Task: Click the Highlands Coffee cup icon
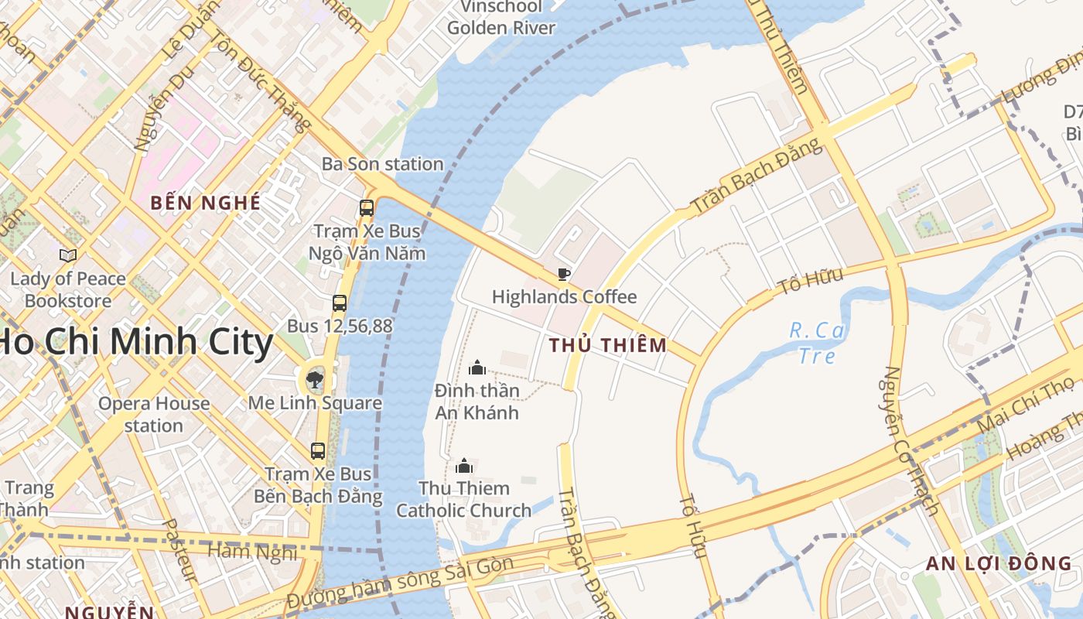(564, 274)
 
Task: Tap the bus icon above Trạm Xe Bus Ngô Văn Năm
(367, 207)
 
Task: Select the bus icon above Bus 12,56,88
(339, 303)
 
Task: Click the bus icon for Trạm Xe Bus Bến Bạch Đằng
(317, 450)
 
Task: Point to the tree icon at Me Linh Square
(314, 380)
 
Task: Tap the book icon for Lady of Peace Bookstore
(68, 255)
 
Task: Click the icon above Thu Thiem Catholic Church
(464, 465)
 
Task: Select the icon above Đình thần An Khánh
(477, 367)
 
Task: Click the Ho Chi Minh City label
(135, 342)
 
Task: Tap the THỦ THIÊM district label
(607, 346)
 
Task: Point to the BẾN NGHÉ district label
(206, 203)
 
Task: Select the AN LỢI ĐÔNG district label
(999, 563)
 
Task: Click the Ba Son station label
(382, 164)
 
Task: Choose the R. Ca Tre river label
(817, 343)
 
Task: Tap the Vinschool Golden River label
(501, 17)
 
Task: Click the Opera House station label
(154, 414)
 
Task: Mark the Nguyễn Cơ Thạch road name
(910, 441)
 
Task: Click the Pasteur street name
(180, 550)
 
